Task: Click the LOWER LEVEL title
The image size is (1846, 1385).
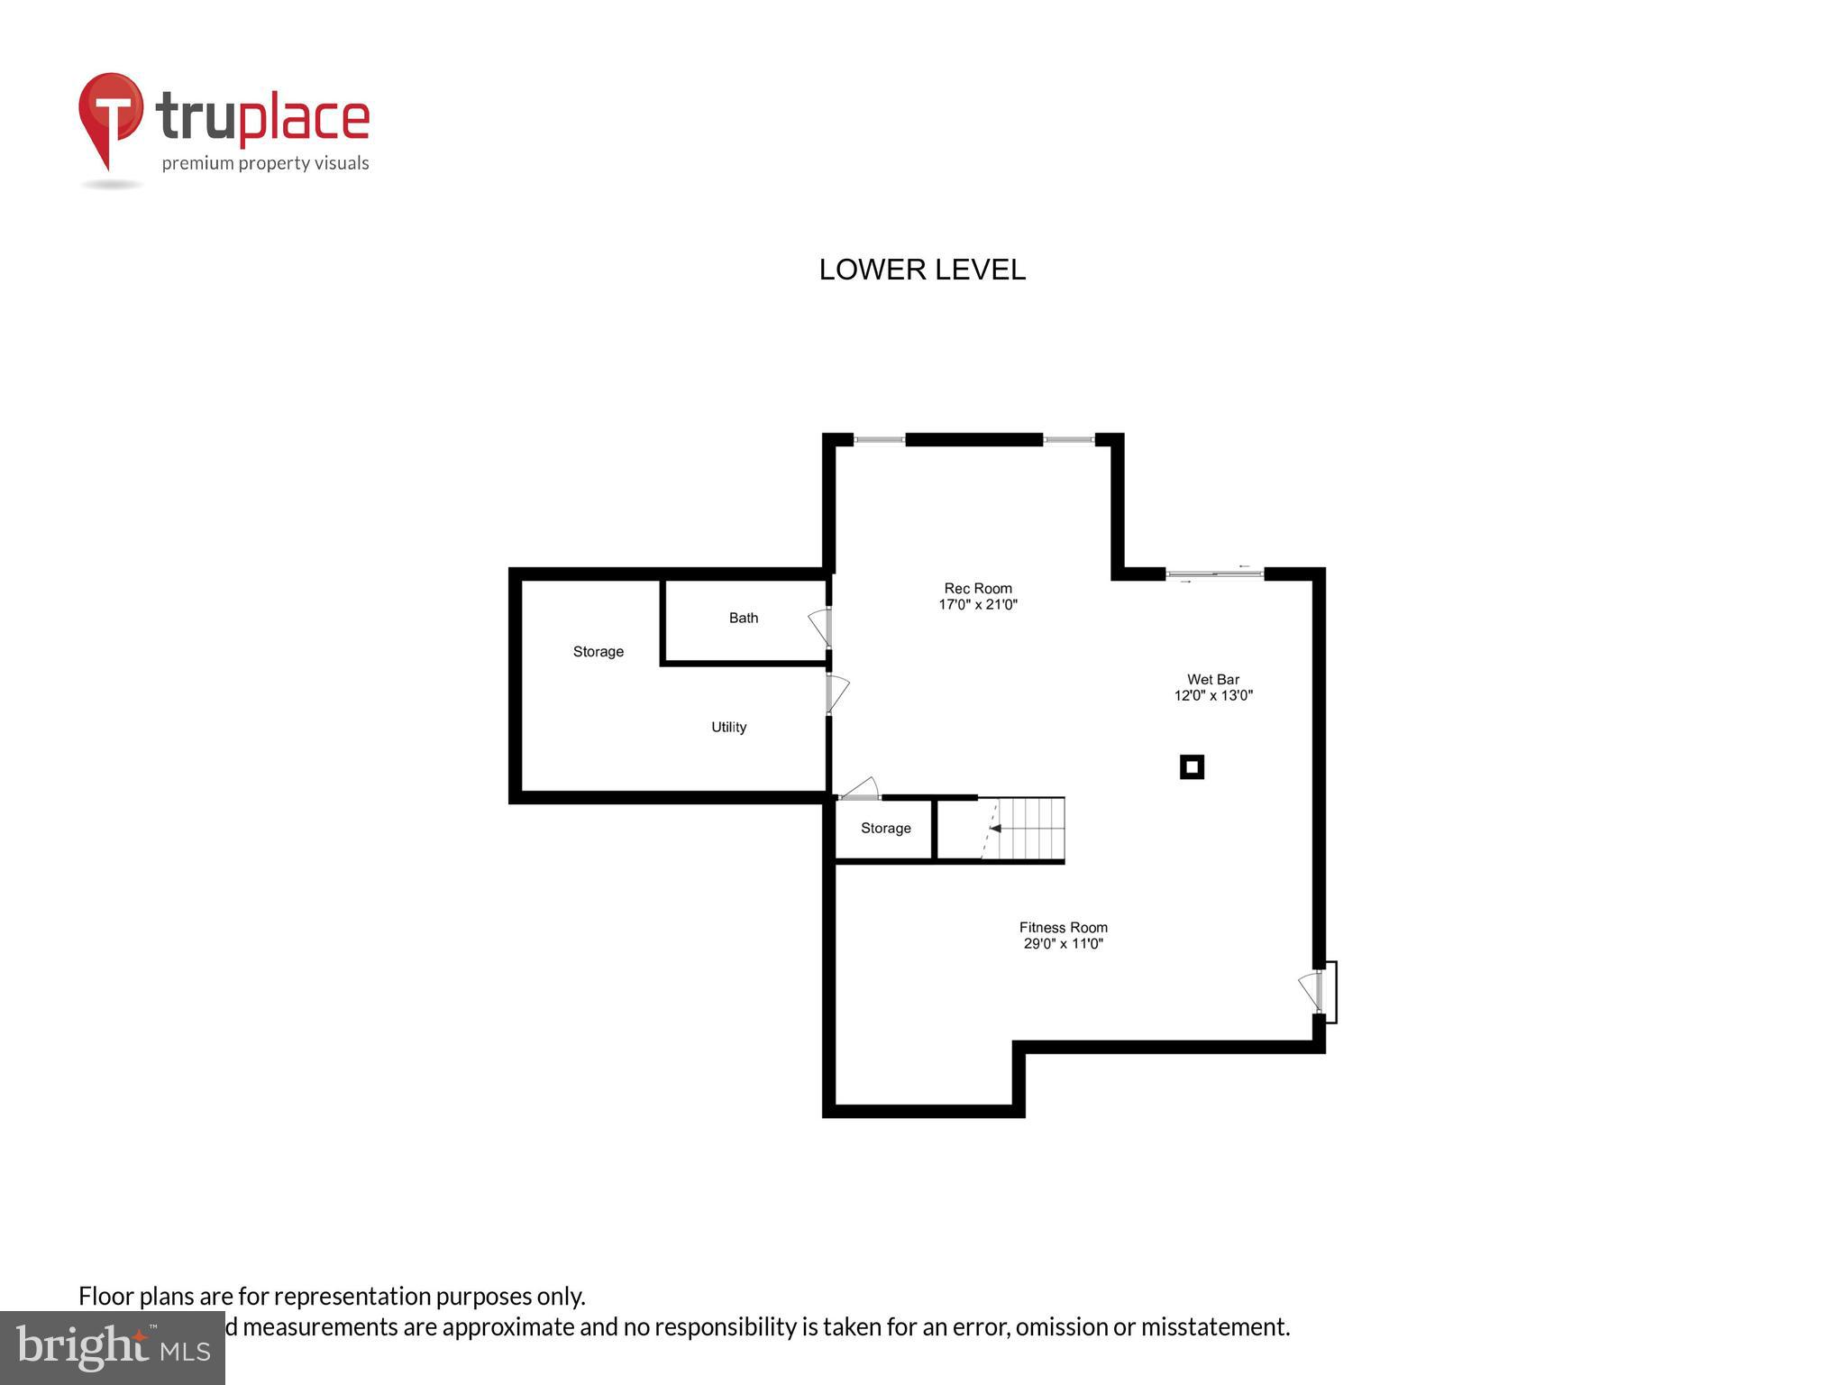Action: [922, 270]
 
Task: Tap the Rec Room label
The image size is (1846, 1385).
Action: [978, 588]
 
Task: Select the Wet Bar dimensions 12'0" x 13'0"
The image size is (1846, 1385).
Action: [1213, 695]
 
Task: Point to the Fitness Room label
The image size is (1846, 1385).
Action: [1064, 927]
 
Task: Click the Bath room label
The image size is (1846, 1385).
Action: [744, 618]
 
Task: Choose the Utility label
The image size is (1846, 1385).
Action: [728, 727]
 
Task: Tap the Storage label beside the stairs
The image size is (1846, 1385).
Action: [885, 828]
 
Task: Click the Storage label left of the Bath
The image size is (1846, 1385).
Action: [599, 651]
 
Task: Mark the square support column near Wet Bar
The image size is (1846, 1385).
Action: [1192, 766]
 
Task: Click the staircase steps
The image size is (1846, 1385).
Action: [1028, 829]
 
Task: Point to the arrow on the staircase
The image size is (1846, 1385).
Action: [995, 828]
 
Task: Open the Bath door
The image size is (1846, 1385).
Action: [821, 627]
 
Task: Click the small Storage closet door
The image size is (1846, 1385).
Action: [860, 790]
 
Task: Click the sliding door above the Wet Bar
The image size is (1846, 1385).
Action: [1214, 573]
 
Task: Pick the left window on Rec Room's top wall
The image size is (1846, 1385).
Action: [879, 440]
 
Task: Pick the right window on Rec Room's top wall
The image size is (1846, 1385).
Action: [1069, 440]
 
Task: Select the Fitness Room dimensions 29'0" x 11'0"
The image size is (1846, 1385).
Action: [1064, 944]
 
